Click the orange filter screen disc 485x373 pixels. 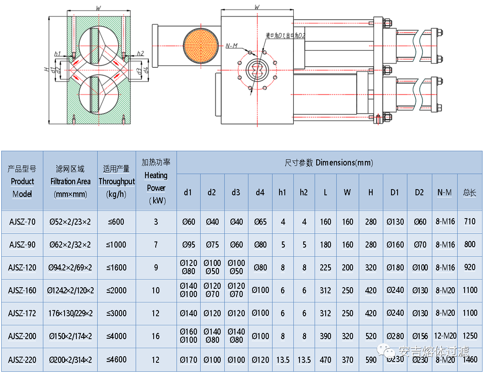point(200,46)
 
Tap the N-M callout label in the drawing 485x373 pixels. point(232,46)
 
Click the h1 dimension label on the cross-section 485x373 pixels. point(58,54)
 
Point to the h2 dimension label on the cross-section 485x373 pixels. point(140,54)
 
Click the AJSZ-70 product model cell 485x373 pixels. point(22,222)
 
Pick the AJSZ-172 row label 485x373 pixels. point(22,313)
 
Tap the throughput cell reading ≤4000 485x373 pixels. point(116,336)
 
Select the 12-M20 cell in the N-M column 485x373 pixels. point(445,336)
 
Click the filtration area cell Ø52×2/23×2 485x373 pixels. point(70,222)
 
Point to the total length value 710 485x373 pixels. point(470,221)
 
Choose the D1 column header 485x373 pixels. point(394,192)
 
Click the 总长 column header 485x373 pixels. point(470,192)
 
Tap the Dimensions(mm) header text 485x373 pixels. point(329,163)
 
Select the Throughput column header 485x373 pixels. point(116,181)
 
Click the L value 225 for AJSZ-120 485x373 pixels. point(326,268)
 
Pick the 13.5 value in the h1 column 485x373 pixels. point(283,360)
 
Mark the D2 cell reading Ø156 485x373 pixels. point(419,336)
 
